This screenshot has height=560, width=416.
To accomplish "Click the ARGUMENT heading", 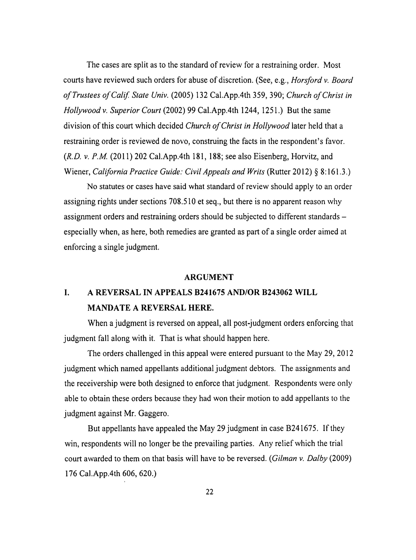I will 209,277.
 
